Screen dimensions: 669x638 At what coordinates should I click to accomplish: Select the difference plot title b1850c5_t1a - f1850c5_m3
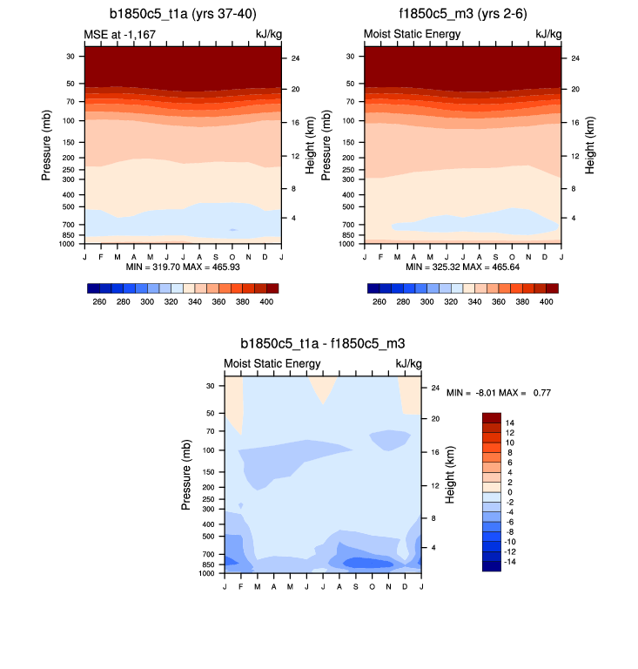323,345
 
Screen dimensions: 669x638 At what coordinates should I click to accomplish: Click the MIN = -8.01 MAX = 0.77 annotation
499,393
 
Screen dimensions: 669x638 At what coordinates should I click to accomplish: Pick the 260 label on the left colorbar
99,301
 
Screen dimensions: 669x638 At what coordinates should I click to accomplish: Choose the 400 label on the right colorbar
547,301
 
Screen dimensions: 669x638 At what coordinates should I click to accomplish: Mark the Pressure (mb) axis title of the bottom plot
186,475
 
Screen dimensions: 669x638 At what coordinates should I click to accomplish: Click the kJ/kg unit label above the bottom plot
408,363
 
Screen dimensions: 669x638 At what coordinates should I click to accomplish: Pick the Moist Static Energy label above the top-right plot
412,34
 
